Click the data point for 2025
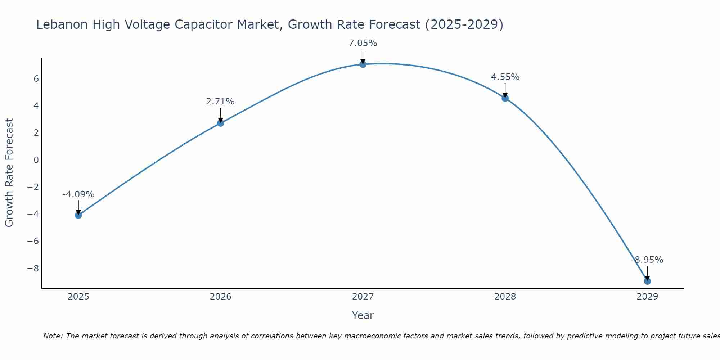[78, 215]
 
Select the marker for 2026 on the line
[221, 123]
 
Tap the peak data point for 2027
[363, 64]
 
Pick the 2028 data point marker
[505, 98]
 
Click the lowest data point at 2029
[647, 281]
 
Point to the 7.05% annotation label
[363, 43]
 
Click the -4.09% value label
[78, 194]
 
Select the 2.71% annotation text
[220, 102]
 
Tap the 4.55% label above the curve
[505, 77]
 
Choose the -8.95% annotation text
[647, 260]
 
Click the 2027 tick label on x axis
[363, 297]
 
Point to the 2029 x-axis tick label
[647, 297]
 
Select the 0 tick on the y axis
[36, 160]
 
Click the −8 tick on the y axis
[33, 268]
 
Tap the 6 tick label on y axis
[36, 78]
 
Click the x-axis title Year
[363, 315]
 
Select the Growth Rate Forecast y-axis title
[9, 173]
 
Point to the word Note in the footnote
[53, 336]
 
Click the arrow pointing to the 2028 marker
[505, 91]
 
